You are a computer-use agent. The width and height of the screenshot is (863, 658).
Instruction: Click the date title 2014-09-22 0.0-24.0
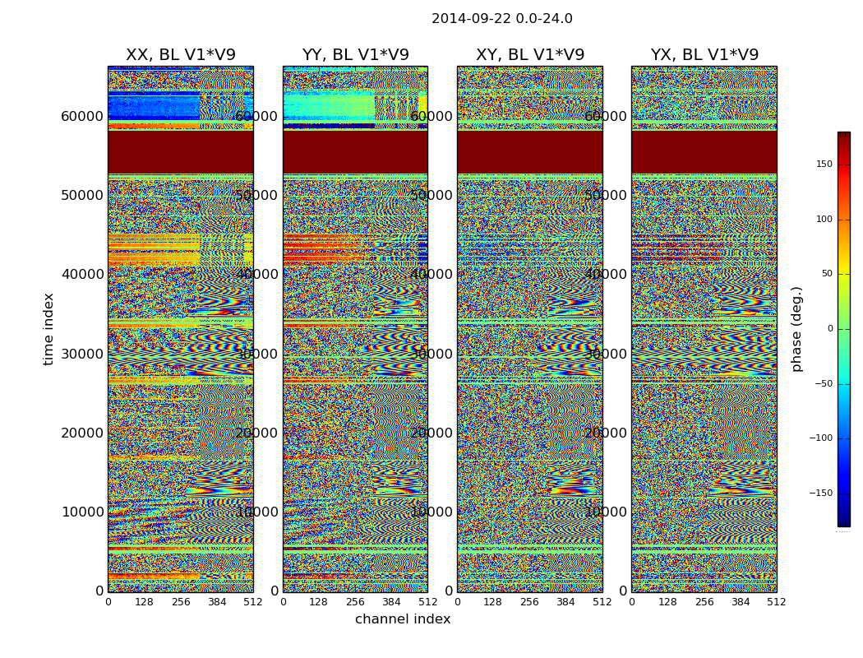(501, 19)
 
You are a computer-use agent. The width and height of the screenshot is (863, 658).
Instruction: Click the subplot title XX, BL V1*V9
(180, 55)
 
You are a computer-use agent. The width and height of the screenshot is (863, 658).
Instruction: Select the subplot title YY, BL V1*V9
(355, 55)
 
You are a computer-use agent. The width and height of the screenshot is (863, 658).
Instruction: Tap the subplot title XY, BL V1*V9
(530, 55)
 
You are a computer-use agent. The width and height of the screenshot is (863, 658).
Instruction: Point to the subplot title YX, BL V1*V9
(704, 55)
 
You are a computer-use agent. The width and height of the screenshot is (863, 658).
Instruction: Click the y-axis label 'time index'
(48, 328)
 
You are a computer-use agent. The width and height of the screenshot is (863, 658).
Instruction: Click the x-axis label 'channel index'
(403, 619)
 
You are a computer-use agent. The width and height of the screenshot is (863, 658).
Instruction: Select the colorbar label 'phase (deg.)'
(796, 328)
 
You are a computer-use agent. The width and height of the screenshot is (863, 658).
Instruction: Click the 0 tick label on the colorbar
(830, 329)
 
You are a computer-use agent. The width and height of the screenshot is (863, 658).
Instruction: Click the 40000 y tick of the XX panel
(82, 274)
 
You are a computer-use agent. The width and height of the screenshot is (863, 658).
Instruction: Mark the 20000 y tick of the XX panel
(82, 433)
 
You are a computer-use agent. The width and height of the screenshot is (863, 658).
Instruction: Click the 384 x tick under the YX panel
(741, 602)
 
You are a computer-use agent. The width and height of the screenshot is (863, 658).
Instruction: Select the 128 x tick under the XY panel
(493, 602)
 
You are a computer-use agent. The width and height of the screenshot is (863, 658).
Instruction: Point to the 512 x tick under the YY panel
(427, 602)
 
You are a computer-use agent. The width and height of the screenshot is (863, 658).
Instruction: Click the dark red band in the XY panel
(530, 152)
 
